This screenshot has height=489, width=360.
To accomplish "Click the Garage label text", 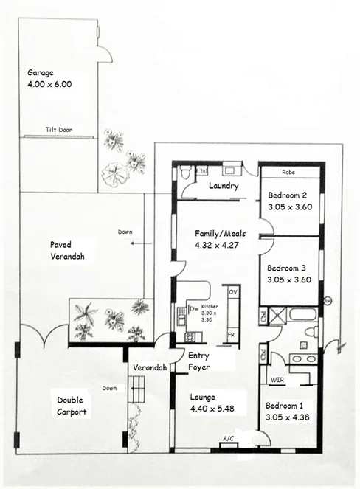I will click(41, 73).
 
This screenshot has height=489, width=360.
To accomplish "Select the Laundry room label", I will click(224, 187).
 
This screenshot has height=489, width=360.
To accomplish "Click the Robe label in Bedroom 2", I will click(291, 173).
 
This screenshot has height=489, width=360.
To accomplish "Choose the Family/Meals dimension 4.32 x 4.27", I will click(220, 244).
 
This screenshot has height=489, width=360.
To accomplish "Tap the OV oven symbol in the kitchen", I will click(232, 293).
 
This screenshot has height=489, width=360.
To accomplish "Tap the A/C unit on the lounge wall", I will click(229, 440).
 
